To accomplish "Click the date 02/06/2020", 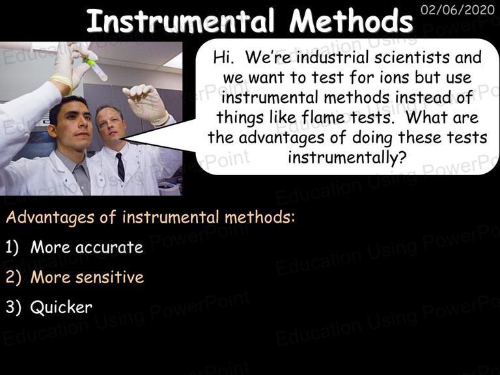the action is [x=457, y=10].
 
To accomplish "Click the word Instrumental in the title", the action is [x=180, y=21].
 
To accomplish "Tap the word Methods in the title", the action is [x=351, y=21].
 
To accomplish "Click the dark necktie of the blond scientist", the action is [x=120, y=167].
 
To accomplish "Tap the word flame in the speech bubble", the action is [x=324, y=117].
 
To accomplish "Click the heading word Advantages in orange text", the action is [x=50, y=218].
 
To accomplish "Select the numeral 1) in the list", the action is [x=12, y=247].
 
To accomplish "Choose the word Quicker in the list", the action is [x=61, y=307].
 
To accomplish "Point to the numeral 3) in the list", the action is [x=13, y=307].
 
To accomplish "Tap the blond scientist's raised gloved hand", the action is [x=145, y=103].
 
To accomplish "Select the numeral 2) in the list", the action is [x=13, y=277].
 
